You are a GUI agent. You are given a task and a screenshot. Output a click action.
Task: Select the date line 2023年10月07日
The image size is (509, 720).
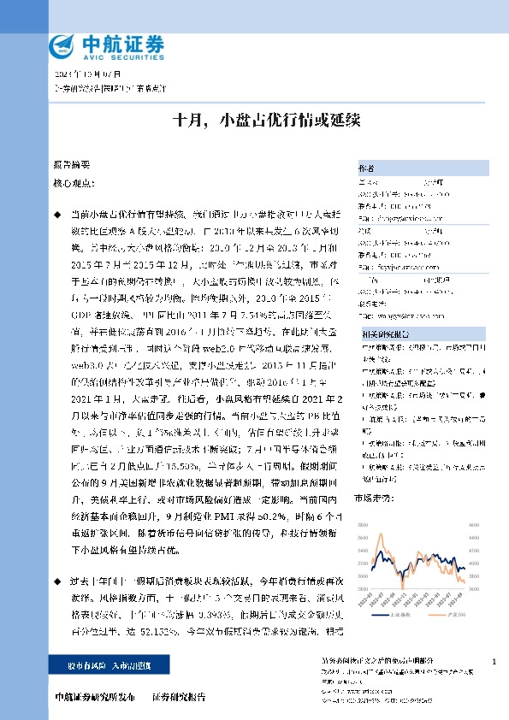pyautogui.click(x=76, y=74)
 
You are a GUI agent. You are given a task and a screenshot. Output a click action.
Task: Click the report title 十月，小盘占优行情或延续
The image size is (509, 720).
pyautogui.click(x=254, y=120)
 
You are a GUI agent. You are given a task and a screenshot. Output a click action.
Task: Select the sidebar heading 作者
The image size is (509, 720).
pyautogui.click(x=365, y=168)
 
